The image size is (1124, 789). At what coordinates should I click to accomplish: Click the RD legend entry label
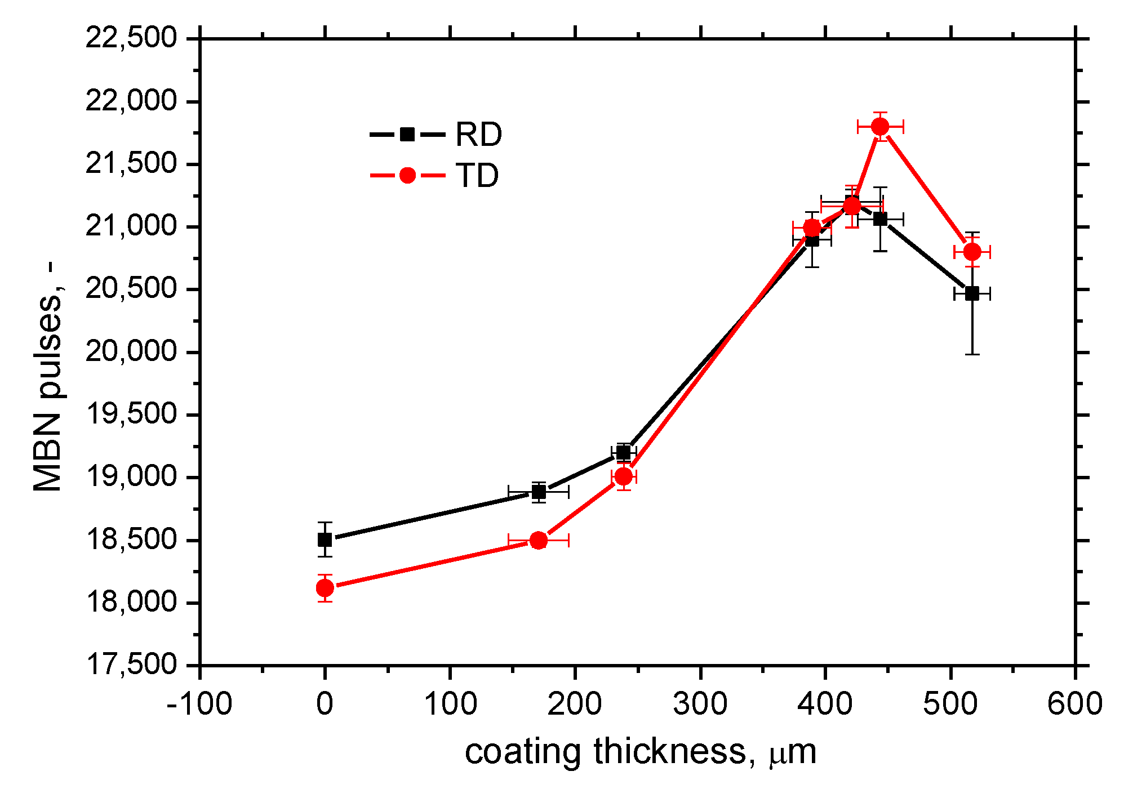(478, 135)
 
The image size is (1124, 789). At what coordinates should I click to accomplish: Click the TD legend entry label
(477, 176)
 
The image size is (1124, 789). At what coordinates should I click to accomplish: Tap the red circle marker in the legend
(407, 175)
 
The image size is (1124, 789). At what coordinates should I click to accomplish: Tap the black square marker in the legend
(407, 134)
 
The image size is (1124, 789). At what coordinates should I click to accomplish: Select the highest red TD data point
(880, 127)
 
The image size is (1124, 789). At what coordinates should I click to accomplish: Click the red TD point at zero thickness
(325, 589)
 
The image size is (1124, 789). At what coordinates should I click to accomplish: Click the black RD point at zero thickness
(325, 540)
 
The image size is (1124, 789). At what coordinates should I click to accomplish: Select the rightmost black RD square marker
(972, 293)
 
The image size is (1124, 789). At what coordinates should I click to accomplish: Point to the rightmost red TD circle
(972, 252)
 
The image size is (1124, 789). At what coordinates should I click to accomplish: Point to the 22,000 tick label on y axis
(131, 102)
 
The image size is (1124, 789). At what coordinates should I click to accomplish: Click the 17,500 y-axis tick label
(131, 665)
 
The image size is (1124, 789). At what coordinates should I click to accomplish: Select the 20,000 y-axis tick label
(131, 353)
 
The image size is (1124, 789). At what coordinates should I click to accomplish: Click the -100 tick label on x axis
(199, 704)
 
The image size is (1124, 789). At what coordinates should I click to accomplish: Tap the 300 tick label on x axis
(700, 704)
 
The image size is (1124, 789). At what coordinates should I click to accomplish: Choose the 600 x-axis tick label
(1075, 704)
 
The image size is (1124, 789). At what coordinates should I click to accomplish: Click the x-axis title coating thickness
(640, 752)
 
